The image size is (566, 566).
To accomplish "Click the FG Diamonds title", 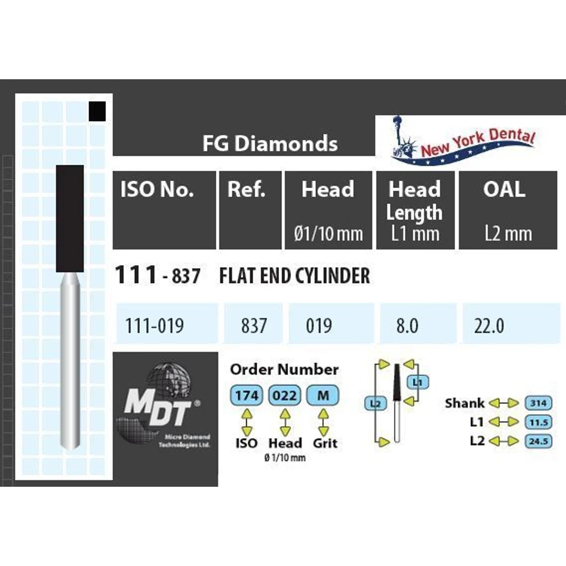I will pos(270,144).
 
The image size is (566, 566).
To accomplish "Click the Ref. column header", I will pos(246,190).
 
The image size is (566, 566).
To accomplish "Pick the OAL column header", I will pos(504,190).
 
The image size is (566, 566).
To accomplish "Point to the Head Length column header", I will pos(414,201).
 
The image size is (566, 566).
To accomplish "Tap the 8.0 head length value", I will pos(405,326).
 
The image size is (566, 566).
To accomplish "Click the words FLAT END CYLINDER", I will pos(294,276).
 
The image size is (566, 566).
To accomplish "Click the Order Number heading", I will pos(284,370).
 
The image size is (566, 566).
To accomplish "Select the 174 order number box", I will pos(247,395).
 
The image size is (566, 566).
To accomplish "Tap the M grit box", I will pos(323,395).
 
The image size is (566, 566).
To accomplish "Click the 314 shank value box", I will pos(538,403).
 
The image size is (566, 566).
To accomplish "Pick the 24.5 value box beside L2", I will pos(538,440).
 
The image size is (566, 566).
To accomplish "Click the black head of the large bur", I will pos(70,218).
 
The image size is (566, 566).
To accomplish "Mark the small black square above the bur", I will pos(98,111).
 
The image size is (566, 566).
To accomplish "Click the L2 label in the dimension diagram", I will pos(375,404).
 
